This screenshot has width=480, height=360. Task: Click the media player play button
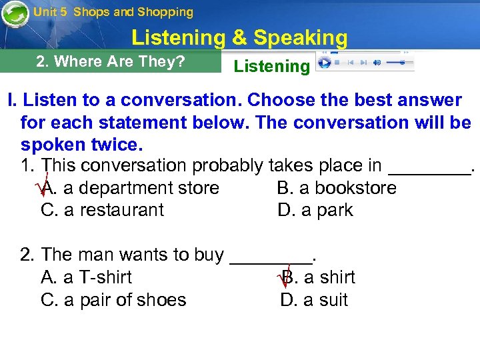[325, 63]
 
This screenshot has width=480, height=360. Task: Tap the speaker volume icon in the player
[376, 63]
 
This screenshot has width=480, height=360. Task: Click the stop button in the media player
[337, 63]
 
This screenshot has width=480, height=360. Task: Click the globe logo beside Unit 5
[15, 14]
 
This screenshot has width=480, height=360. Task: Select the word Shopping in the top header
[165, 12]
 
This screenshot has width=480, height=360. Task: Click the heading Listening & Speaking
[239, 38]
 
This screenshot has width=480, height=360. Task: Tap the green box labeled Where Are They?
[111, 62]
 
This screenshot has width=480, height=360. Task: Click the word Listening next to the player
[271, 66]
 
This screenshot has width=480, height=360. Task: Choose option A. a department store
[130, 188]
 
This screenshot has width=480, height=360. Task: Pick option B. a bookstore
[337, 188]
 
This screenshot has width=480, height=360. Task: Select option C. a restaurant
[102, 210]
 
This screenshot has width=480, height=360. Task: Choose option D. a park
[315, 210]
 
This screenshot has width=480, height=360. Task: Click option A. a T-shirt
[87, 277]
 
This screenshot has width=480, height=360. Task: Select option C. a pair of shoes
[113, 300]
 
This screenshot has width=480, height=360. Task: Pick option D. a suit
[314, 300]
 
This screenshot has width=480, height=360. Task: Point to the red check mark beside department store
[44, 186]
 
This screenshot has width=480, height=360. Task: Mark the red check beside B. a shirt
[283, 275]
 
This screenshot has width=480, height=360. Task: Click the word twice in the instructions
[121, 145]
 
